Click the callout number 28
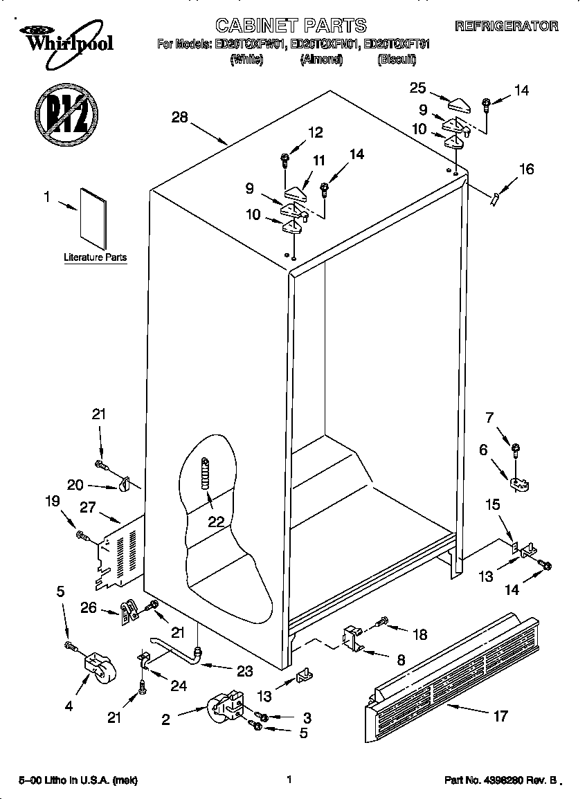[x=179, y=118]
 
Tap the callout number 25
[x=417, y=87]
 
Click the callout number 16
[x=526, y=169]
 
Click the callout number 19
[x=53, y=503]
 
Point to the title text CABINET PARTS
[x=291, y=26]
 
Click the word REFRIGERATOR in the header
[x=506, y=26]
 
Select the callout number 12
[x=315, y=132]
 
